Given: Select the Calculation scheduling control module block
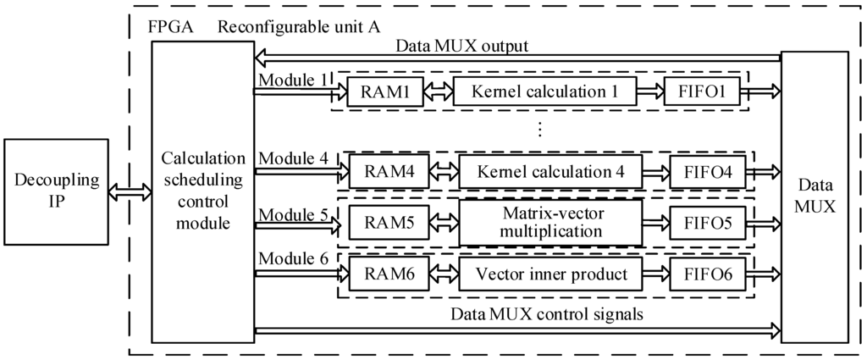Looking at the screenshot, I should pyautogui.click(x=202, y=191).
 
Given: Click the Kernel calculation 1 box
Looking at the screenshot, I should pyautogui.click(x=544, y=91).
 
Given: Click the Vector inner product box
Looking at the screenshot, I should pyautogui.click(x=549, y=274).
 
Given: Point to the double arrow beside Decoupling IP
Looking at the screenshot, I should pyautogui.click(x=130, y=192).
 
